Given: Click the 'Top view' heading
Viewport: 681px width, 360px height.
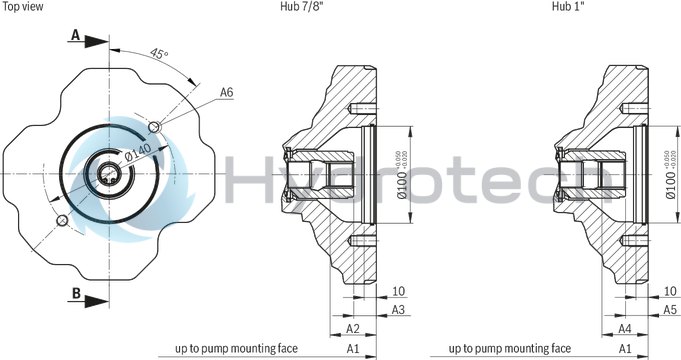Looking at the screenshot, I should coord(22,6).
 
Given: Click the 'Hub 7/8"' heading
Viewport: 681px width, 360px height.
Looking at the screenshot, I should coord(301,6).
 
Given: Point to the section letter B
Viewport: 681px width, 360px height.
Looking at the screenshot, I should coord(75,295).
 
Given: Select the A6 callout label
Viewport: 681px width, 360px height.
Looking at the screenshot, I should coord(227,93).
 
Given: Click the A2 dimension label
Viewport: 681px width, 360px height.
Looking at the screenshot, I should coord(352,328).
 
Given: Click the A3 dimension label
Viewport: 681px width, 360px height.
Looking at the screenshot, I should coord(398,310).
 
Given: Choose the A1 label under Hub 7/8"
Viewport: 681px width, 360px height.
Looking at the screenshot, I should coord(352,348).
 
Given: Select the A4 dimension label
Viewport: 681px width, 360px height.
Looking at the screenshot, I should coord(623,328).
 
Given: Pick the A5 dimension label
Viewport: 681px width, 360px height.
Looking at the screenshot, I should coord(669,310).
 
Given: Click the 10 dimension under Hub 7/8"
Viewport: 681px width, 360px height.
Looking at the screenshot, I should coord(398,291).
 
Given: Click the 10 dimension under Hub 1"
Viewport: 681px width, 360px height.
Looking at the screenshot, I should coord(669,291).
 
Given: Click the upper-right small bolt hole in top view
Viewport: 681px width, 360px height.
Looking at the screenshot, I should coord(154,127).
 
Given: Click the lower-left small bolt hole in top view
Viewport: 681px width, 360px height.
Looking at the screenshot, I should coord(62,219).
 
